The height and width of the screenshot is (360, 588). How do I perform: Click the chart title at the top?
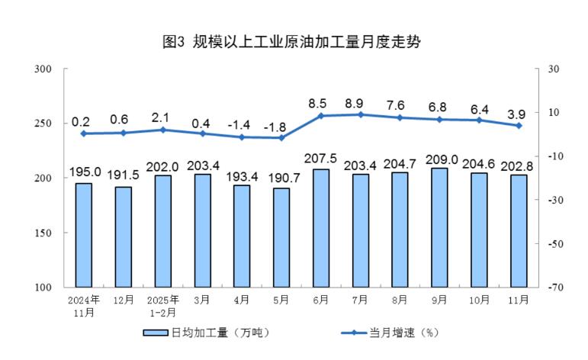tap(293, 42)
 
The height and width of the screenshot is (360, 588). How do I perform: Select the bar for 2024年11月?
tap(83, 235)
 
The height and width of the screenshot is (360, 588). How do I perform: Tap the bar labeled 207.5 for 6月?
tap(321, 228)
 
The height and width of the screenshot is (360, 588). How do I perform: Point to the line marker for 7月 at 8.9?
tap(361, 114)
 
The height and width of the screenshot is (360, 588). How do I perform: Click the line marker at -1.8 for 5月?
tap(281, 138)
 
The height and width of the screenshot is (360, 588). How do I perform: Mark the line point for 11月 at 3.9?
tap(519, 126)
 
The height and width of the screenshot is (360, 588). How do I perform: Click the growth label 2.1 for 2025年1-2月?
tap(162, 117)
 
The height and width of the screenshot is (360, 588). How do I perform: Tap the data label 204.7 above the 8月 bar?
tap(400, 163)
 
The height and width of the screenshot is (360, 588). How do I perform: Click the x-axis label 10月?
tap(479, 300)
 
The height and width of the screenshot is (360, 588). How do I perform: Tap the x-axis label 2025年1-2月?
tap(162, 306)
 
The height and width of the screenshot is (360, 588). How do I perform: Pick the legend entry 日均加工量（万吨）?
tap(206, 333)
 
